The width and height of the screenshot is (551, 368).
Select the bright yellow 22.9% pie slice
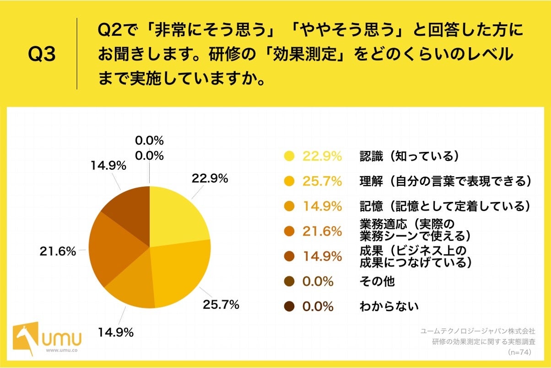click(x=176, y=217)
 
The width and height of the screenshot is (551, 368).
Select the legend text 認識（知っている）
click(x=409, y=156)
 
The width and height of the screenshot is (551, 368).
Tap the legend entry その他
click(x=377, y=281)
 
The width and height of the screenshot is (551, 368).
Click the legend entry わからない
click(x=389, y=306)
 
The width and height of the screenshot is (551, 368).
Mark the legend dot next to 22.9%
click(x=289, y=157)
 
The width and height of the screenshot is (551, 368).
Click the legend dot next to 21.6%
click(x=289, y=232)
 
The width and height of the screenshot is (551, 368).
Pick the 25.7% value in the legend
click(x=322, y=182)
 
